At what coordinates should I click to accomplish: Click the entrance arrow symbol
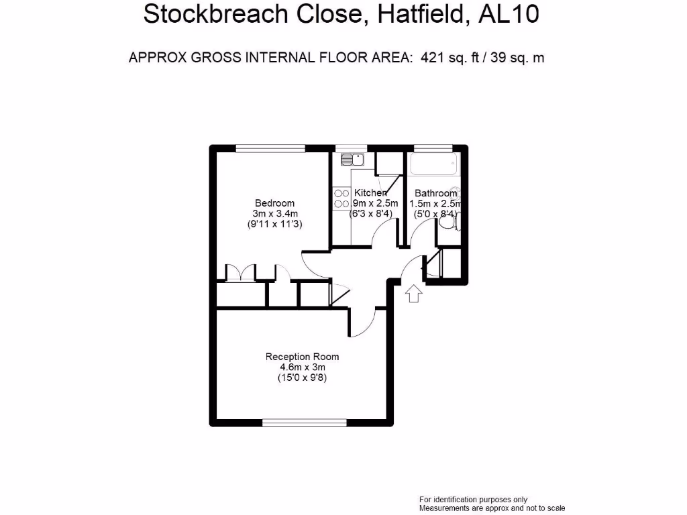tap(413, 293)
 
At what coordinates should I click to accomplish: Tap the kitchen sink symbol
tap(352, 160)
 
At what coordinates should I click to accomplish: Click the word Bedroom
tap(274, 203)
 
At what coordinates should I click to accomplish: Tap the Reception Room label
tap(302, 357)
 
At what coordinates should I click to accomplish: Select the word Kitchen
tap(370, 193)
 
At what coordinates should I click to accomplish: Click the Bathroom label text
tap(435, 193)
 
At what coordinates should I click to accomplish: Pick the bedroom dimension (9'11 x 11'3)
tap(274, 225)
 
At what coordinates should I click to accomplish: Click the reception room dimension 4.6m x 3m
tap(302, 367)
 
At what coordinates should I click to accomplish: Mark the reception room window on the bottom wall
tap(305, 422)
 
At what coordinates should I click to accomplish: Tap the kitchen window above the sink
tap(351, 148)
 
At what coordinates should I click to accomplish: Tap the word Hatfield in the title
tap(419, 15)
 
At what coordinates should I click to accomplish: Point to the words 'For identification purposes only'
tap(473, 500)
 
